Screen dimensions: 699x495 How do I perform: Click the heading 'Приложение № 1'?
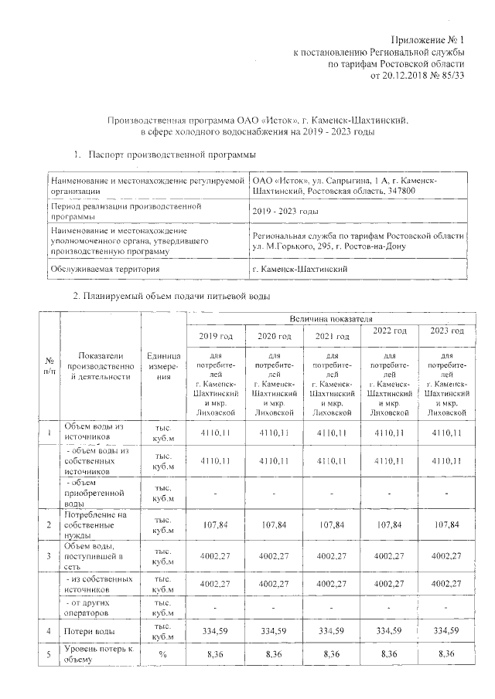[x=430, y=38]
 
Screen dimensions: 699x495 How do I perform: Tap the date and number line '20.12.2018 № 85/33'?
[x=418, y=76]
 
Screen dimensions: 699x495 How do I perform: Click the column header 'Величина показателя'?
[x=330, y=318]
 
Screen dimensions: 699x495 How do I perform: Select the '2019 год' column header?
[x=216, y=336]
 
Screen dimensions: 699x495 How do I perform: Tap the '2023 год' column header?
[x=445, y=331]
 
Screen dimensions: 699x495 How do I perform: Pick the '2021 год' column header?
[x=331, y=336]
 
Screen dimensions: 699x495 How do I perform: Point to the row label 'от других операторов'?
[x=98, y=607]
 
